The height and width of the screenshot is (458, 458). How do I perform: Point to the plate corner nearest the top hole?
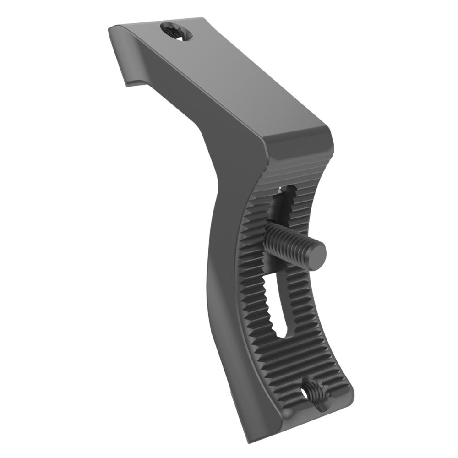pos(202,19)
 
